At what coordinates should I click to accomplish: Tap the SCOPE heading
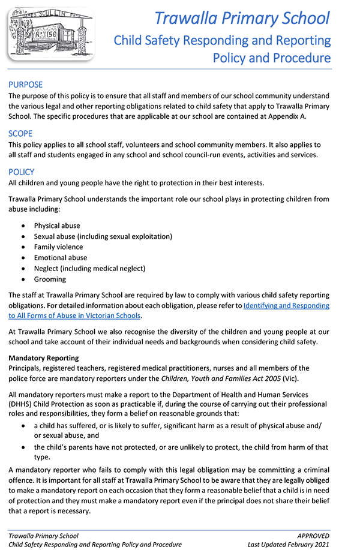pyautogui.click(x=20, y=133)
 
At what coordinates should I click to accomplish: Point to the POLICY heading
pyautogui.click(x=22, y=172)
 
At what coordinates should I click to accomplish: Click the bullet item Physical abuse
pyautogui.click(x=57, y=226)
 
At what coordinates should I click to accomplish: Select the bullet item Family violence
pyautogui.click(x=58, y=247)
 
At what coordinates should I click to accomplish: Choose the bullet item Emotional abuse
pyautogui.click(x=60, y=258)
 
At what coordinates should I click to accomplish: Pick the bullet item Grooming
pyautogui.click(x=50, y=279)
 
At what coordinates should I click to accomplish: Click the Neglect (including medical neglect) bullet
pyautogui.click(x=89, y=269)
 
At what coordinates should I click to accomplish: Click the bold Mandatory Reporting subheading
pyautogui.click(x=43, y=358)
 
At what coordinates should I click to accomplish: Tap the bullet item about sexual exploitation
pyautogui.click(x=103, y=236)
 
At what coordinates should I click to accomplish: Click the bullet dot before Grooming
pyautogui.click(x=23, y=279)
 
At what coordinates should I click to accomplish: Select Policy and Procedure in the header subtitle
pyautogui.click(x=272, y=58)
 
